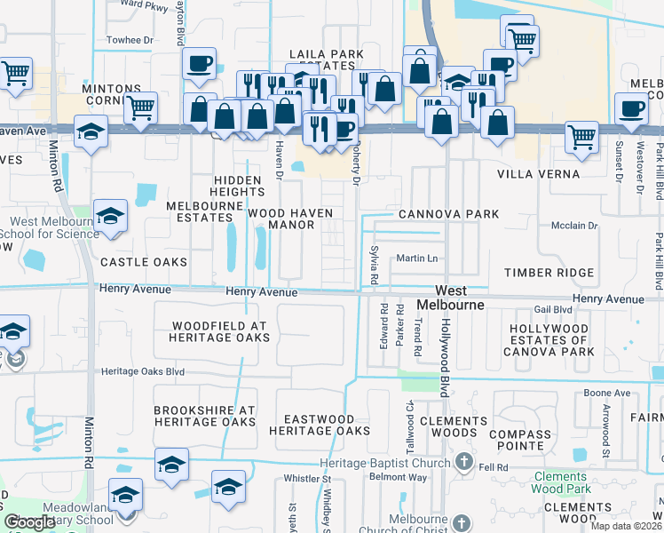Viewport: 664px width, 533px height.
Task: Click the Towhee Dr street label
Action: [x=130, y=40]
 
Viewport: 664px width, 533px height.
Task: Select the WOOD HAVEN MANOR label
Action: [x=292, y=219]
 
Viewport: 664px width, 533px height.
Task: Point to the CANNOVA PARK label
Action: [x=448, y=214]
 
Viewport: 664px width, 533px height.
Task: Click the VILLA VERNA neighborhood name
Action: [x=538, y=174]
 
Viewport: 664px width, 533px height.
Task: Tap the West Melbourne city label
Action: [x=459, y=298]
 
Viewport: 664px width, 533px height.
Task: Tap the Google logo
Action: [x=30, y=521]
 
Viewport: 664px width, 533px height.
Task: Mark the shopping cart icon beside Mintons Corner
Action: [x=140, y=107]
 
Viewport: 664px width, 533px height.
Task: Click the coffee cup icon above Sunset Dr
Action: [x=631, y=108]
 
